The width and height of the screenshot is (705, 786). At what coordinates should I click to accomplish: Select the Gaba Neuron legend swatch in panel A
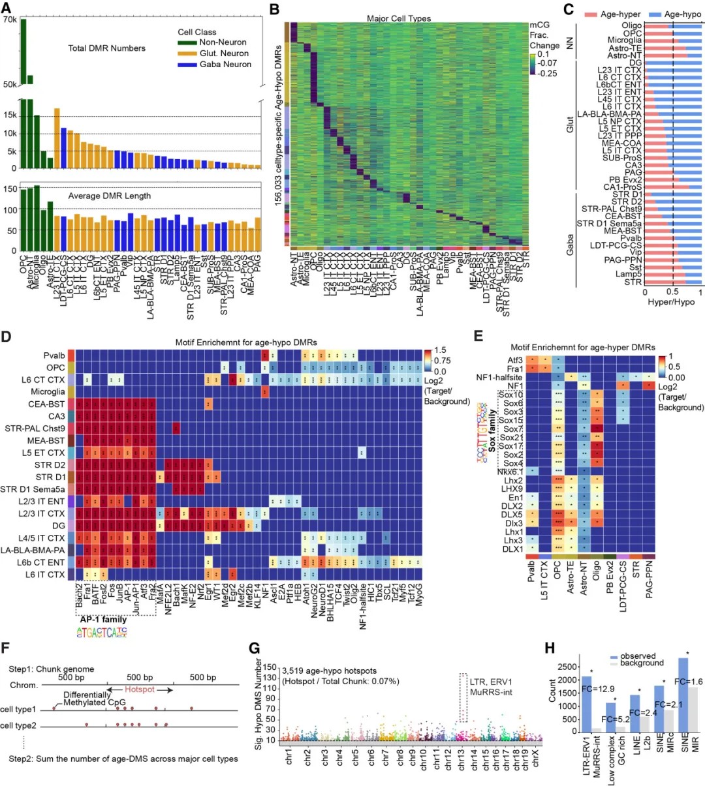point(187,65)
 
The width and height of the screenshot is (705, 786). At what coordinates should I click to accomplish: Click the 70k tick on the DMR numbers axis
point(10,20)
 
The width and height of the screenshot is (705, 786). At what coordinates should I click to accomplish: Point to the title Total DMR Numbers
point(106,48)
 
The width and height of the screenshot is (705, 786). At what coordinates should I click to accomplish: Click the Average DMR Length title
point(109,196)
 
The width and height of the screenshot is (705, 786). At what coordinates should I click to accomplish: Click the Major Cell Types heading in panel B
point(398,18)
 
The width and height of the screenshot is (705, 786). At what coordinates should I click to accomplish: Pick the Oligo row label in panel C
point(631,26)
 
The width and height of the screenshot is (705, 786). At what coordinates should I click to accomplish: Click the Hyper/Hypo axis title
point(670,302)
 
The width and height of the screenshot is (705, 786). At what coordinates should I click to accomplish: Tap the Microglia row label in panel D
point(48,391)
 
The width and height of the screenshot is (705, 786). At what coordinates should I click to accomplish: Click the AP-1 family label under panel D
point(103,619)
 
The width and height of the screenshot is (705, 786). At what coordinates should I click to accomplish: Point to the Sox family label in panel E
point(492,431)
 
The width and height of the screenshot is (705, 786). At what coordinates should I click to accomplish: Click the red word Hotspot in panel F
point(140,689)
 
